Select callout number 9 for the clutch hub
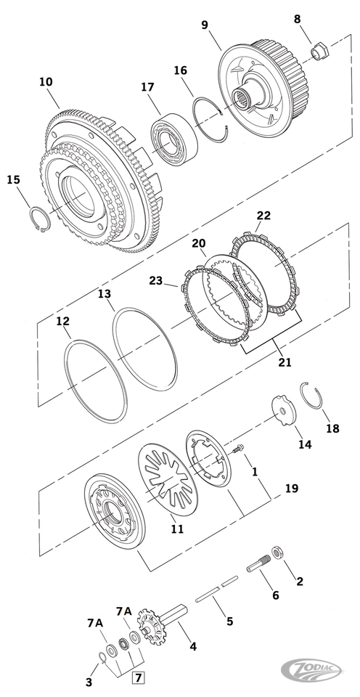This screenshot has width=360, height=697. [x=205, y=25]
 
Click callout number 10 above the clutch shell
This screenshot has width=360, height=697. [x=46, y=82]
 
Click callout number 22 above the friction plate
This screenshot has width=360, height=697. [x=263, y=216]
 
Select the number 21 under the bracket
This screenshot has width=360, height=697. [x=285, y=362]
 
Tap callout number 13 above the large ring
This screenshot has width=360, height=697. [x=105, y=294]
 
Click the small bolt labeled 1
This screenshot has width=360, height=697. [x=238, y=449]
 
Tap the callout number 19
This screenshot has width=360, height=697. [x=292, y=488]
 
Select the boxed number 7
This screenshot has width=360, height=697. [x=139, y=678]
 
